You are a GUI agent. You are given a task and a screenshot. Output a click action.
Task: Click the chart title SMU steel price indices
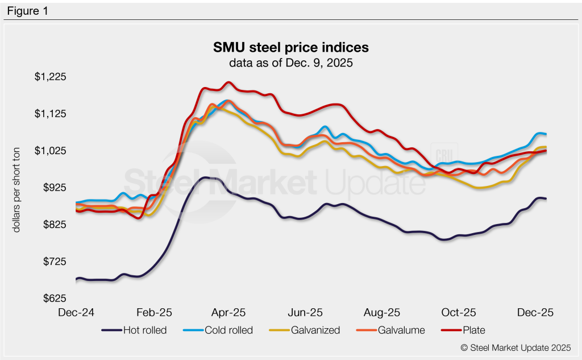[x=290, y=47]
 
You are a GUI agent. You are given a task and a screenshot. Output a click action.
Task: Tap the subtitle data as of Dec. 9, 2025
[x=290, y=63]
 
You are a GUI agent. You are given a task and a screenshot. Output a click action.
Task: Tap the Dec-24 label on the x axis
[x=76, y=313]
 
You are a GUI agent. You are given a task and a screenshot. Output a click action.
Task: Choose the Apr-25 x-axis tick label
[x=228, y=313]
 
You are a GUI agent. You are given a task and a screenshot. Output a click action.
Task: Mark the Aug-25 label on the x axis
[x=382, y=313]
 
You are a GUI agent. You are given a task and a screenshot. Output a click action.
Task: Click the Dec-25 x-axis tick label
[x=534, y=313]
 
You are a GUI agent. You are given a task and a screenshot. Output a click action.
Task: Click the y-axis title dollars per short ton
[x=17, y=188]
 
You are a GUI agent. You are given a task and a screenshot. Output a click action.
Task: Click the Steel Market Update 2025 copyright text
[x=516, y=347]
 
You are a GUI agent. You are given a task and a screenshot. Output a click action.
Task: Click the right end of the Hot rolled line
[x=546, y=198]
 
